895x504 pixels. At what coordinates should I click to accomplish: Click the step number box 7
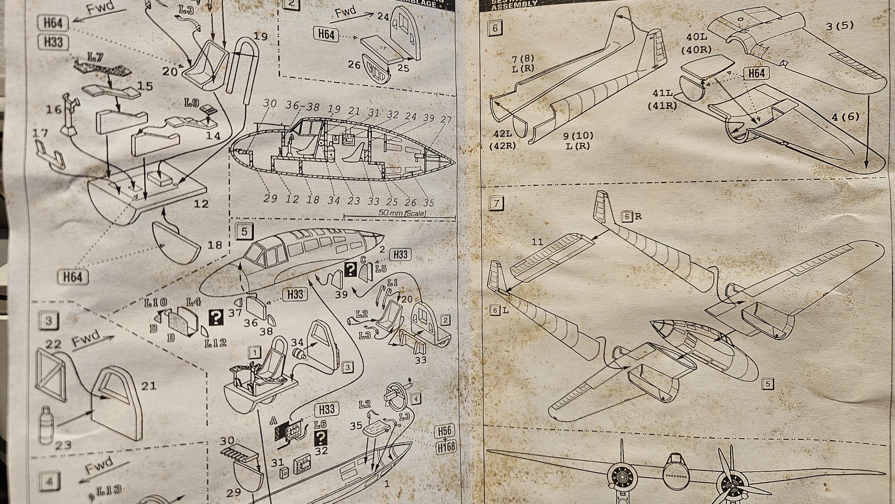[496, 204]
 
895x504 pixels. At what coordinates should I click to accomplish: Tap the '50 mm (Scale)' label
[402, 214]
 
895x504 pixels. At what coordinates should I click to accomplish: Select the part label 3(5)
[840, 26]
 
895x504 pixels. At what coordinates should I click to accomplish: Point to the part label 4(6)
[846, 117]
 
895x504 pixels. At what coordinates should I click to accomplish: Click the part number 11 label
[537, 242]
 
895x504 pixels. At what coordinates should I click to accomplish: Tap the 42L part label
[503, 134]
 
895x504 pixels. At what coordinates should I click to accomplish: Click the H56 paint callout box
[444, 431]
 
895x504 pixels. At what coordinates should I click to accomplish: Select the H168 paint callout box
[445, 447]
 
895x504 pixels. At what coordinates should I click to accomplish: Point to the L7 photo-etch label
[95, 57]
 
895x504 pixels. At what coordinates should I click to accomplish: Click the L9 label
[192, 103]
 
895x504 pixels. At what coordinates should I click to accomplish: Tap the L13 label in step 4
[109, 490]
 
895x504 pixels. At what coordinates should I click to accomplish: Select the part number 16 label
[54, 109]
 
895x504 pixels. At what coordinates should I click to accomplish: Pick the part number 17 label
[40, 133]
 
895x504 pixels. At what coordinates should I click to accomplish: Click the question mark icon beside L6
[321, 437]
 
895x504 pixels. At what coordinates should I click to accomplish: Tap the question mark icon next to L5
[351, 269]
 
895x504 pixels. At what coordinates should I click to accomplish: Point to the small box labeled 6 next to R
[626, 217]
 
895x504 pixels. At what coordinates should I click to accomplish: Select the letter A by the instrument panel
[273, 421]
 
